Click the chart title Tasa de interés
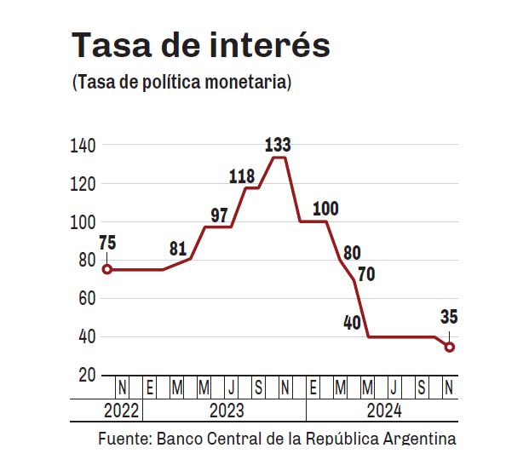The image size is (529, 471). point(200,45)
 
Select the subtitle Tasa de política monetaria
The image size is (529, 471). point(182,83)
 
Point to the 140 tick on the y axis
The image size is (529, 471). point(83,146)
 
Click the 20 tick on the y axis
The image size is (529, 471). point(87,376)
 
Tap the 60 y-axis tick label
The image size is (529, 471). point(87,299)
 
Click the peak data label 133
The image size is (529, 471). point(279,142)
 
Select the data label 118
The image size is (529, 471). point(243,176)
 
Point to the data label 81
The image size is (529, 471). point(177,250)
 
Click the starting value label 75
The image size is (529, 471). point(107,243)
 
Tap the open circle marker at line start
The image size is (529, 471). point(107,269)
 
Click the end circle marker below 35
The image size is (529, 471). point(450,347)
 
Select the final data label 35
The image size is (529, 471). point(450,318)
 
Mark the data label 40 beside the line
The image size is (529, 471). point(351,324)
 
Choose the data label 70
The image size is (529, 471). point(366,275)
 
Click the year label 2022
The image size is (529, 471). point(122,411)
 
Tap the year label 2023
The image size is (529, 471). point(226,411)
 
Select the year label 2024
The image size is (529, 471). point(383,411)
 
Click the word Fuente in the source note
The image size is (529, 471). point(124,439)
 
